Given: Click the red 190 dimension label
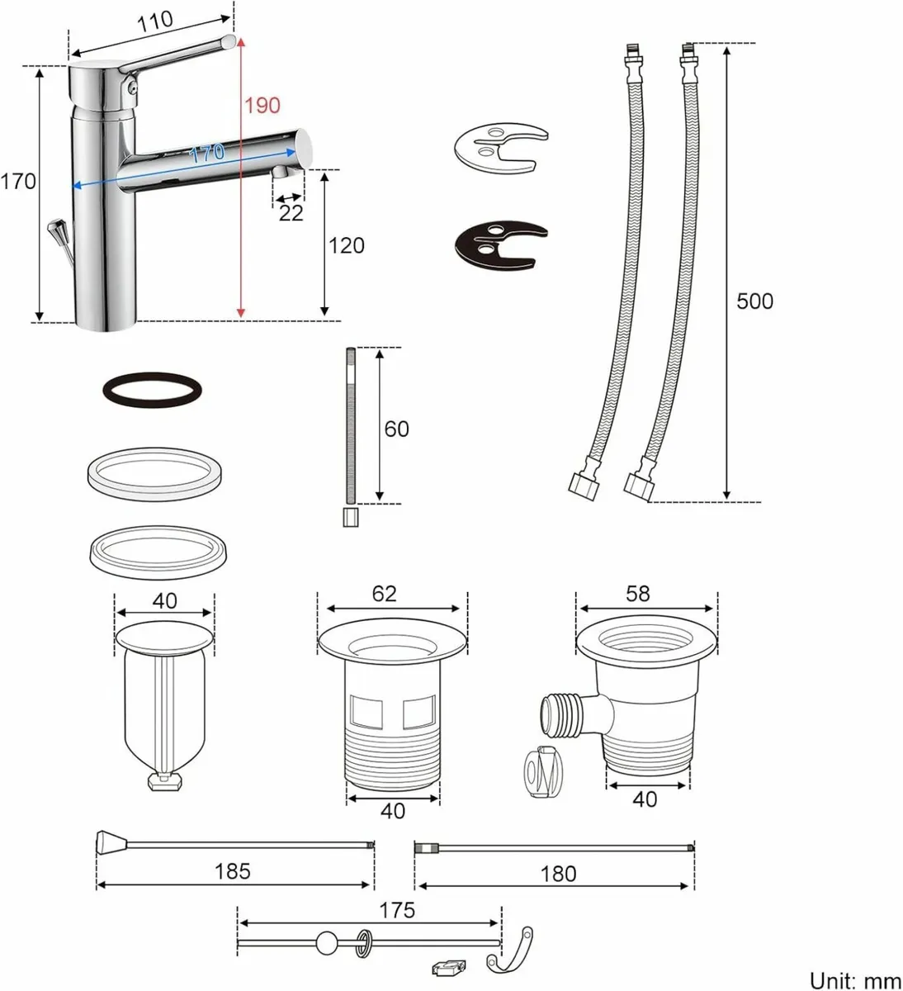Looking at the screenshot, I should pyautogui.click(x=262, y=106).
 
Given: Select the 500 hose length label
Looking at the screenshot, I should pyautogui.click(x=754, y=301).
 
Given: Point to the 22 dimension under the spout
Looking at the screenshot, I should pyautogui.click(x=291, y=213).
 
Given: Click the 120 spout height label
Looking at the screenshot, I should pyautogui.click(x=346, y=245).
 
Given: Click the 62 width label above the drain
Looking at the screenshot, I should pyautogui.click(x=385, y=594).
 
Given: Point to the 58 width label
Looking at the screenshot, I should pyautogui.click(x=638, y=594).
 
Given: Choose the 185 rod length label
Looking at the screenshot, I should pyautogui.click(x=232, y=870).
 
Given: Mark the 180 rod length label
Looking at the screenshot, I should pyautogui.click(x=559, y=873).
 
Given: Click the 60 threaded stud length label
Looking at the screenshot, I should pyautogui.click(x=397, y=429).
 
